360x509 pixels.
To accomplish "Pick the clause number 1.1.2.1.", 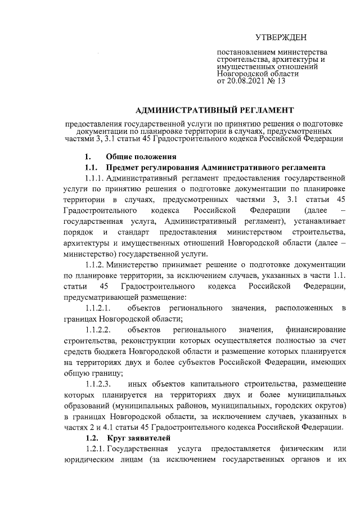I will point(98,308).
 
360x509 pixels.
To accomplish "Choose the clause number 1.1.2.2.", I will point(98,330).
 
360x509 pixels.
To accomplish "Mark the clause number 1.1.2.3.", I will point(98,384).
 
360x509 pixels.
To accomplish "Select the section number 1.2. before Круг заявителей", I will point(92,438).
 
